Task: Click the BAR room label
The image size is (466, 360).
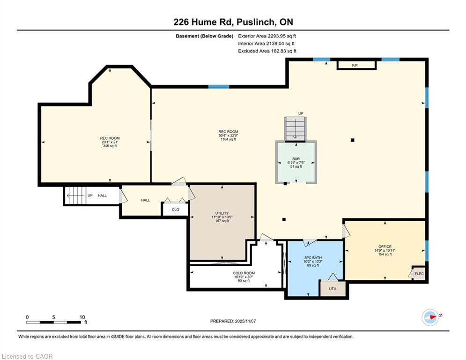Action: (296, 159)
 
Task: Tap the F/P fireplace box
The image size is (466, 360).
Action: (356, 65)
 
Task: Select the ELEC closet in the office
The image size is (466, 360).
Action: (419, 273)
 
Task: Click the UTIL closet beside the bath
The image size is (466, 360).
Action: (333, 288)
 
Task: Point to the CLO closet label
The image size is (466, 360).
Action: (175, 210)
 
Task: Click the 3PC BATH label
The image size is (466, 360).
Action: (313, 258)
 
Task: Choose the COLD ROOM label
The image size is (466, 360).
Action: (244, 273)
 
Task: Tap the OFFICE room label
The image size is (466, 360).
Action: (385, 247)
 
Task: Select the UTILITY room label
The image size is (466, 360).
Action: (222, 213)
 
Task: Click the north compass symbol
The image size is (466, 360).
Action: (430, 317)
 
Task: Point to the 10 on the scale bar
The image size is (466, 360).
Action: (82, 317)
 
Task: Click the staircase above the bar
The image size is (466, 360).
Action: (296, 128)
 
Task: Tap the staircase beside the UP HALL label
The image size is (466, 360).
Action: (75, 195)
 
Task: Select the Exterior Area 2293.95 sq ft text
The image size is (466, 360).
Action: (267, 36)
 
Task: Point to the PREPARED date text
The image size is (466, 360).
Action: (233, 321)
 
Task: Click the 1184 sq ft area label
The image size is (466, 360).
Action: (228, 139)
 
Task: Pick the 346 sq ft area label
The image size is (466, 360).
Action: (110, 146)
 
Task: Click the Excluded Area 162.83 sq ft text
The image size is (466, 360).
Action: (267, 51)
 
